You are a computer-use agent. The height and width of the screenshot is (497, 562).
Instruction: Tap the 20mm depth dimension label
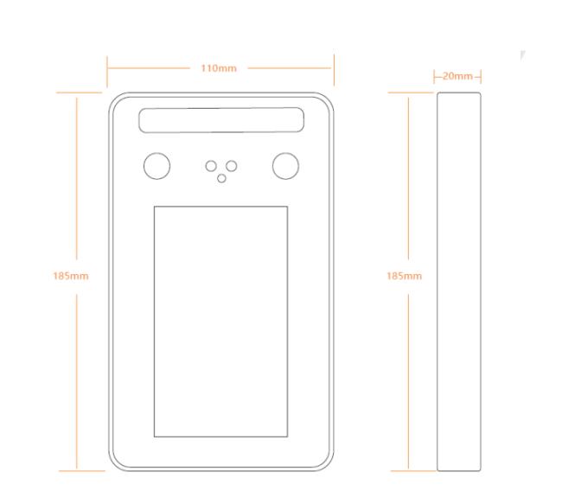(457, 77)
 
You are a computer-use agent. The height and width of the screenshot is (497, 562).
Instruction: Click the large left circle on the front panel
(156, 166)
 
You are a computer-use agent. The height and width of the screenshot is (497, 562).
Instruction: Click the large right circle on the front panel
(285, 166)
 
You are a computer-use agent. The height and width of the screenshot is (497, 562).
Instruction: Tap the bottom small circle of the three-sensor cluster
(221, 178)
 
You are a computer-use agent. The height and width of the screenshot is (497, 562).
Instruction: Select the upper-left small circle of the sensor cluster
(210, 165)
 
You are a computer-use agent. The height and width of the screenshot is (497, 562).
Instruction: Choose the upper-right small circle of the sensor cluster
(232, 165)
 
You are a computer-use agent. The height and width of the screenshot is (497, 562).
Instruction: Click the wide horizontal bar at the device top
(221, 121)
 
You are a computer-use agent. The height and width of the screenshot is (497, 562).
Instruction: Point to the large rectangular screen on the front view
(220, 322)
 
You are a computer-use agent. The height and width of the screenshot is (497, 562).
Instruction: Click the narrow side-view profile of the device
(458, 281)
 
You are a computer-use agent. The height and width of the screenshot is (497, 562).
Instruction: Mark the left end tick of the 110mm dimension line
(107, 66)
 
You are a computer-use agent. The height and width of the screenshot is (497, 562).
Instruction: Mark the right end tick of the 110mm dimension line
(334, 66)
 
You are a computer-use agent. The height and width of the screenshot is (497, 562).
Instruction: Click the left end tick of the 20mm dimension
(435, 77)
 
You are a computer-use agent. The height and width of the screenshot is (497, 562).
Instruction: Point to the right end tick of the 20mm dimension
(480, 77)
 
